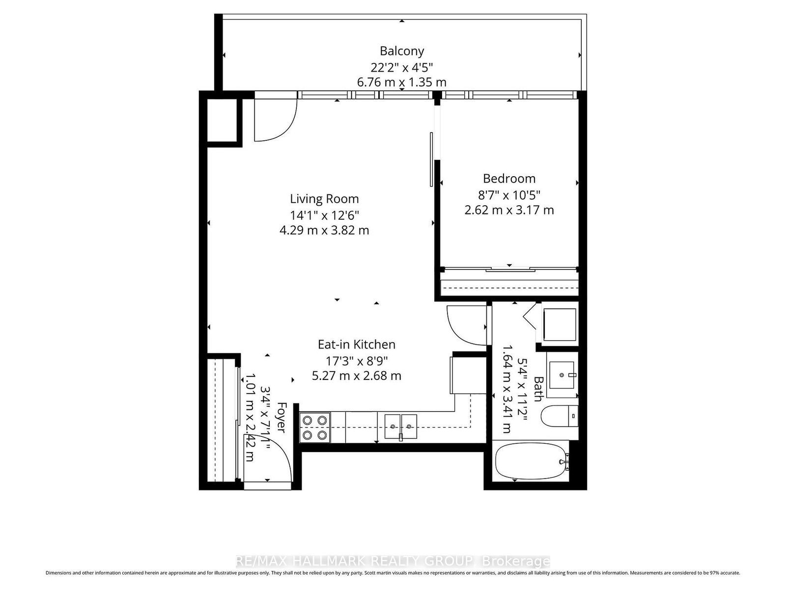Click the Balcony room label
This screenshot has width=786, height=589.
pos(401,51)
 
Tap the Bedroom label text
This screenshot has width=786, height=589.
pos(509,179)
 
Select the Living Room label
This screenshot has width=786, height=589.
pos(324,199)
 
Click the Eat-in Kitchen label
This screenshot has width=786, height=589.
pos(356,345)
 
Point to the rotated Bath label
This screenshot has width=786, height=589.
pos(538,389)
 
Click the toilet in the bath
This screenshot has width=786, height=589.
pos(558,417)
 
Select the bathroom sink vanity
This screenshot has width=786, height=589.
pos(561,374)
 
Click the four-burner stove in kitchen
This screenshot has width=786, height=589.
pos(315,428)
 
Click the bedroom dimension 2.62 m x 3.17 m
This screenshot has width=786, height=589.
pos(509,210)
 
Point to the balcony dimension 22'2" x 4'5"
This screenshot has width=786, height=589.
pos(401,67)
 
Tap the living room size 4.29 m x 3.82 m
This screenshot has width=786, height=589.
pos(324,230)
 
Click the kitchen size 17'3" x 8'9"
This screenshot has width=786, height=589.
pos(356,360)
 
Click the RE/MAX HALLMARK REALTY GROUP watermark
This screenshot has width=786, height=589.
pos(393,561)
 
